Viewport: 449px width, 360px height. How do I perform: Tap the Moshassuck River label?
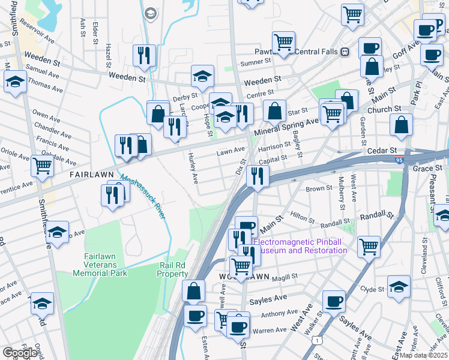143,196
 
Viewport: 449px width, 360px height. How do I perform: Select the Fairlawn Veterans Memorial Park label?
100,265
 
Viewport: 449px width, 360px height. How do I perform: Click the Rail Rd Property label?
173,269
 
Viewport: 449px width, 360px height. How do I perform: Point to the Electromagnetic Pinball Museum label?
300,246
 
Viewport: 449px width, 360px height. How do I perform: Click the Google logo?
19,353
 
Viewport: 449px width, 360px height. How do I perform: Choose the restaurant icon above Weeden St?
144,55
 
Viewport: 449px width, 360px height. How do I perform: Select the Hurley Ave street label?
194,169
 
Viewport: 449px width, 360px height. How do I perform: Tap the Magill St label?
285,277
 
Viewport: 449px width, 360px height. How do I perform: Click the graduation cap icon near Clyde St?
399,286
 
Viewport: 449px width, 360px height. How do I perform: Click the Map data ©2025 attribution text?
424,355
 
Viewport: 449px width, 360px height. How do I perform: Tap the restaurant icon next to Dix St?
257,176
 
